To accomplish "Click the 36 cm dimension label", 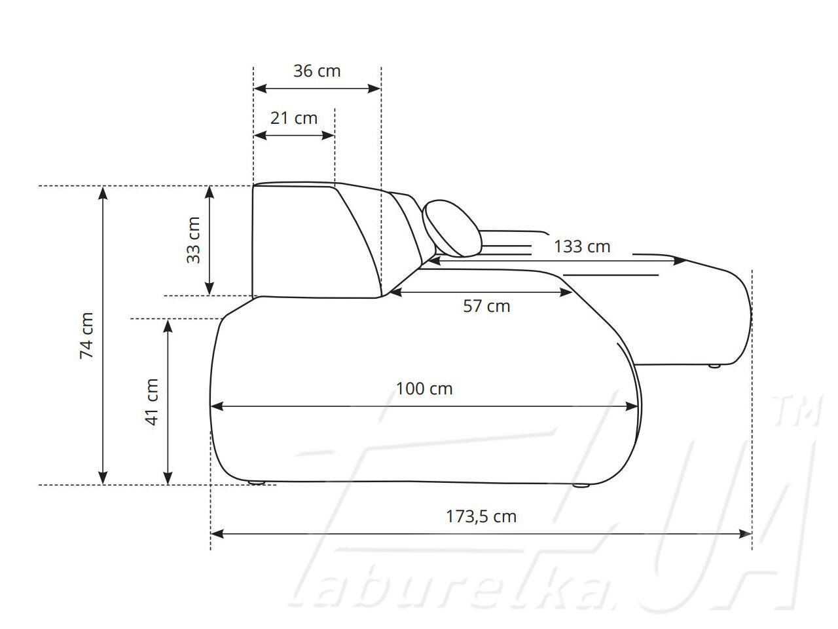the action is [x=317, y=71].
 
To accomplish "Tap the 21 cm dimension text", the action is [x=294, y=119].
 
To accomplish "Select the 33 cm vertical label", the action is [x=194, y=240].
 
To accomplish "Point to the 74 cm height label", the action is [x=86, y=335].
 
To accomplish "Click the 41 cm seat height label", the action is [x=152, y=402].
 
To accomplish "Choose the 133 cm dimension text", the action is [x=582, y=247].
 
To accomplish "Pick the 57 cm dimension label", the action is [x=486, y=306].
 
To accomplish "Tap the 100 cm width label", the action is [x=424, y=389].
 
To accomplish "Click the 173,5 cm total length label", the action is [x=481, y=517].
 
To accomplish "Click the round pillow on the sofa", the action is [x=452, y=229].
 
